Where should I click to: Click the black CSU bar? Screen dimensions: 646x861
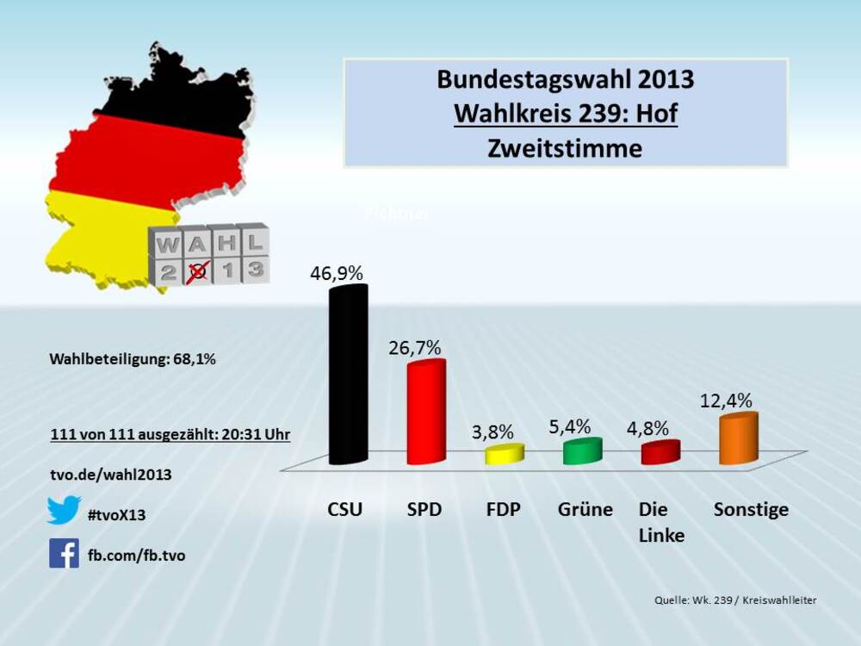point(349,375)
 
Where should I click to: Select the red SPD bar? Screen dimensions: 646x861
point(426,412)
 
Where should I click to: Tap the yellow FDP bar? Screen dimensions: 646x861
point(505,455)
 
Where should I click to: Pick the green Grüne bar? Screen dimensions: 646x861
point(582,451)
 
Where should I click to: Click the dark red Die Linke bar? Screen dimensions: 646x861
point(660,452)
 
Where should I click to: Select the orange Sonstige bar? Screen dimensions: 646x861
point(739,439)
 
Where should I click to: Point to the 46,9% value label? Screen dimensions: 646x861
point(337,273)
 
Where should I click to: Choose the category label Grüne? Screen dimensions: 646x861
point(585,509)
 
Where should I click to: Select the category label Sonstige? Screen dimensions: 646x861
point(751,509)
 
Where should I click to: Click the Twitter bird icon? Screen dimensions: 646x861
point(64,510)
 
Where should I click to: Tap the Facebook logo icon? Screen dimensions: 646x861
point(64,553)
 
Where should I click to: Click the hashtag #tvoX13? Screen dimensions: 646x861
point(116,515)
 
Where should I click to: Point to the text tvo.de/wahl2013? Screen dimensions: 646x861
point(111,475)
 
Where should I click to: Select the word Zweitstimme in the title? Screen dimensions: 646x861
point(565,148)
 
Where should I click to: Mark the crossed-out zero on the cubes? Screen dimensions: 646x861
point(199,271)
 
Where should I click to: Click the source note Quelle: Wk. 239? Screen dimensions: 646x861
point(730,600)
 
